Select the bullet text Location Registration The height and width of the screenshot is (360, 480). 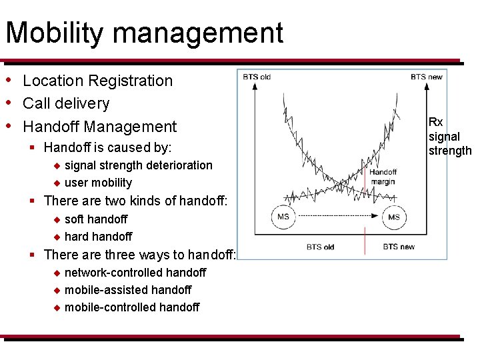97,81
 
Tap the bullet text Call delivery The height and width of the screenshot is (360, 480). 65,103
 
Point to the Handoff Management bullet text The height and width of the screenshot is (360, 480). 99,127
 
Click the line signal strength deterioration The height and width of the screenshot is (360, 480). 138,165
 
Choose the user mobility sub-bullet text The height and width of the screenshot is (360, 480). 98,183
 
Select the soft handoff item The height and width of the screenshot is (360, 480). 95,219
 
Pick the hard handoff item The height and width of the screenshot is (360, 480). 98,236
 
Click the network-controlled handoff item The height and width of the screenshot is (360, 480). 135,272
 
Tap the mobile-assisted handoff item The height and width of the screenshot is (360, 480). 127,289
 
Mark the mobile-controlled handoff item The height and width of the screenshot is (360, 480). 131,307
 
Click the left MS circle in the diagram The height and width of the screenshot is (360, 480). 283,217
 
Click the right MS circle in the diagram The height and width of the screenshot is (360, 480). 394,217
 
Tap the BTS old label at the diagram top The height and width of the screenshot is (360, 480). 257,77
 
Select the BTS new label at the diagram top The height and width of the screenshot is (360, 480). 426,77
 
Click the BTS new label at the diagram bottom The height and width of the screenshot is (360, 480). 399,247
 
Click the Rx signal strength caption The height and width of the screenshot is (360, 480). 449,137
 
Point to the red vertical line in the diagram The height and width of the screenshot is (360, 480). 364,240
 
